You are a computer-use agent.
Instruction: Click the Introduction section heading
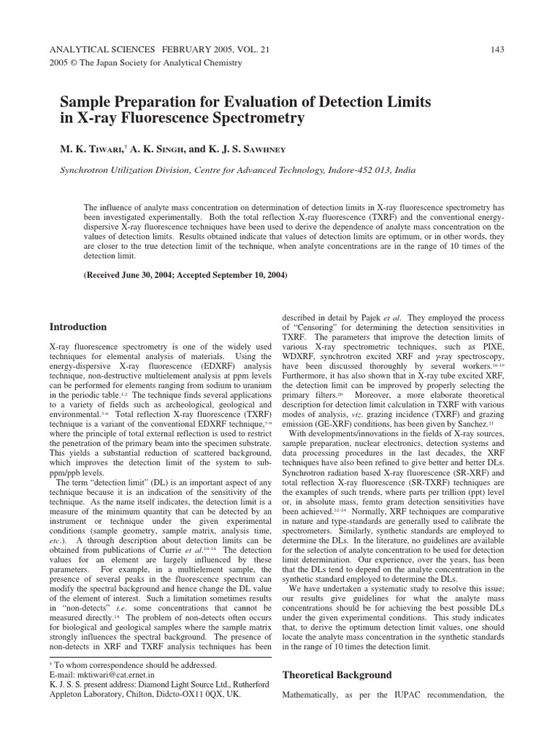78,326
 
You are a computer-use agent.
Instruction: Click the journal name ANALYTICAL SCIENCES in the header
101,49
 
